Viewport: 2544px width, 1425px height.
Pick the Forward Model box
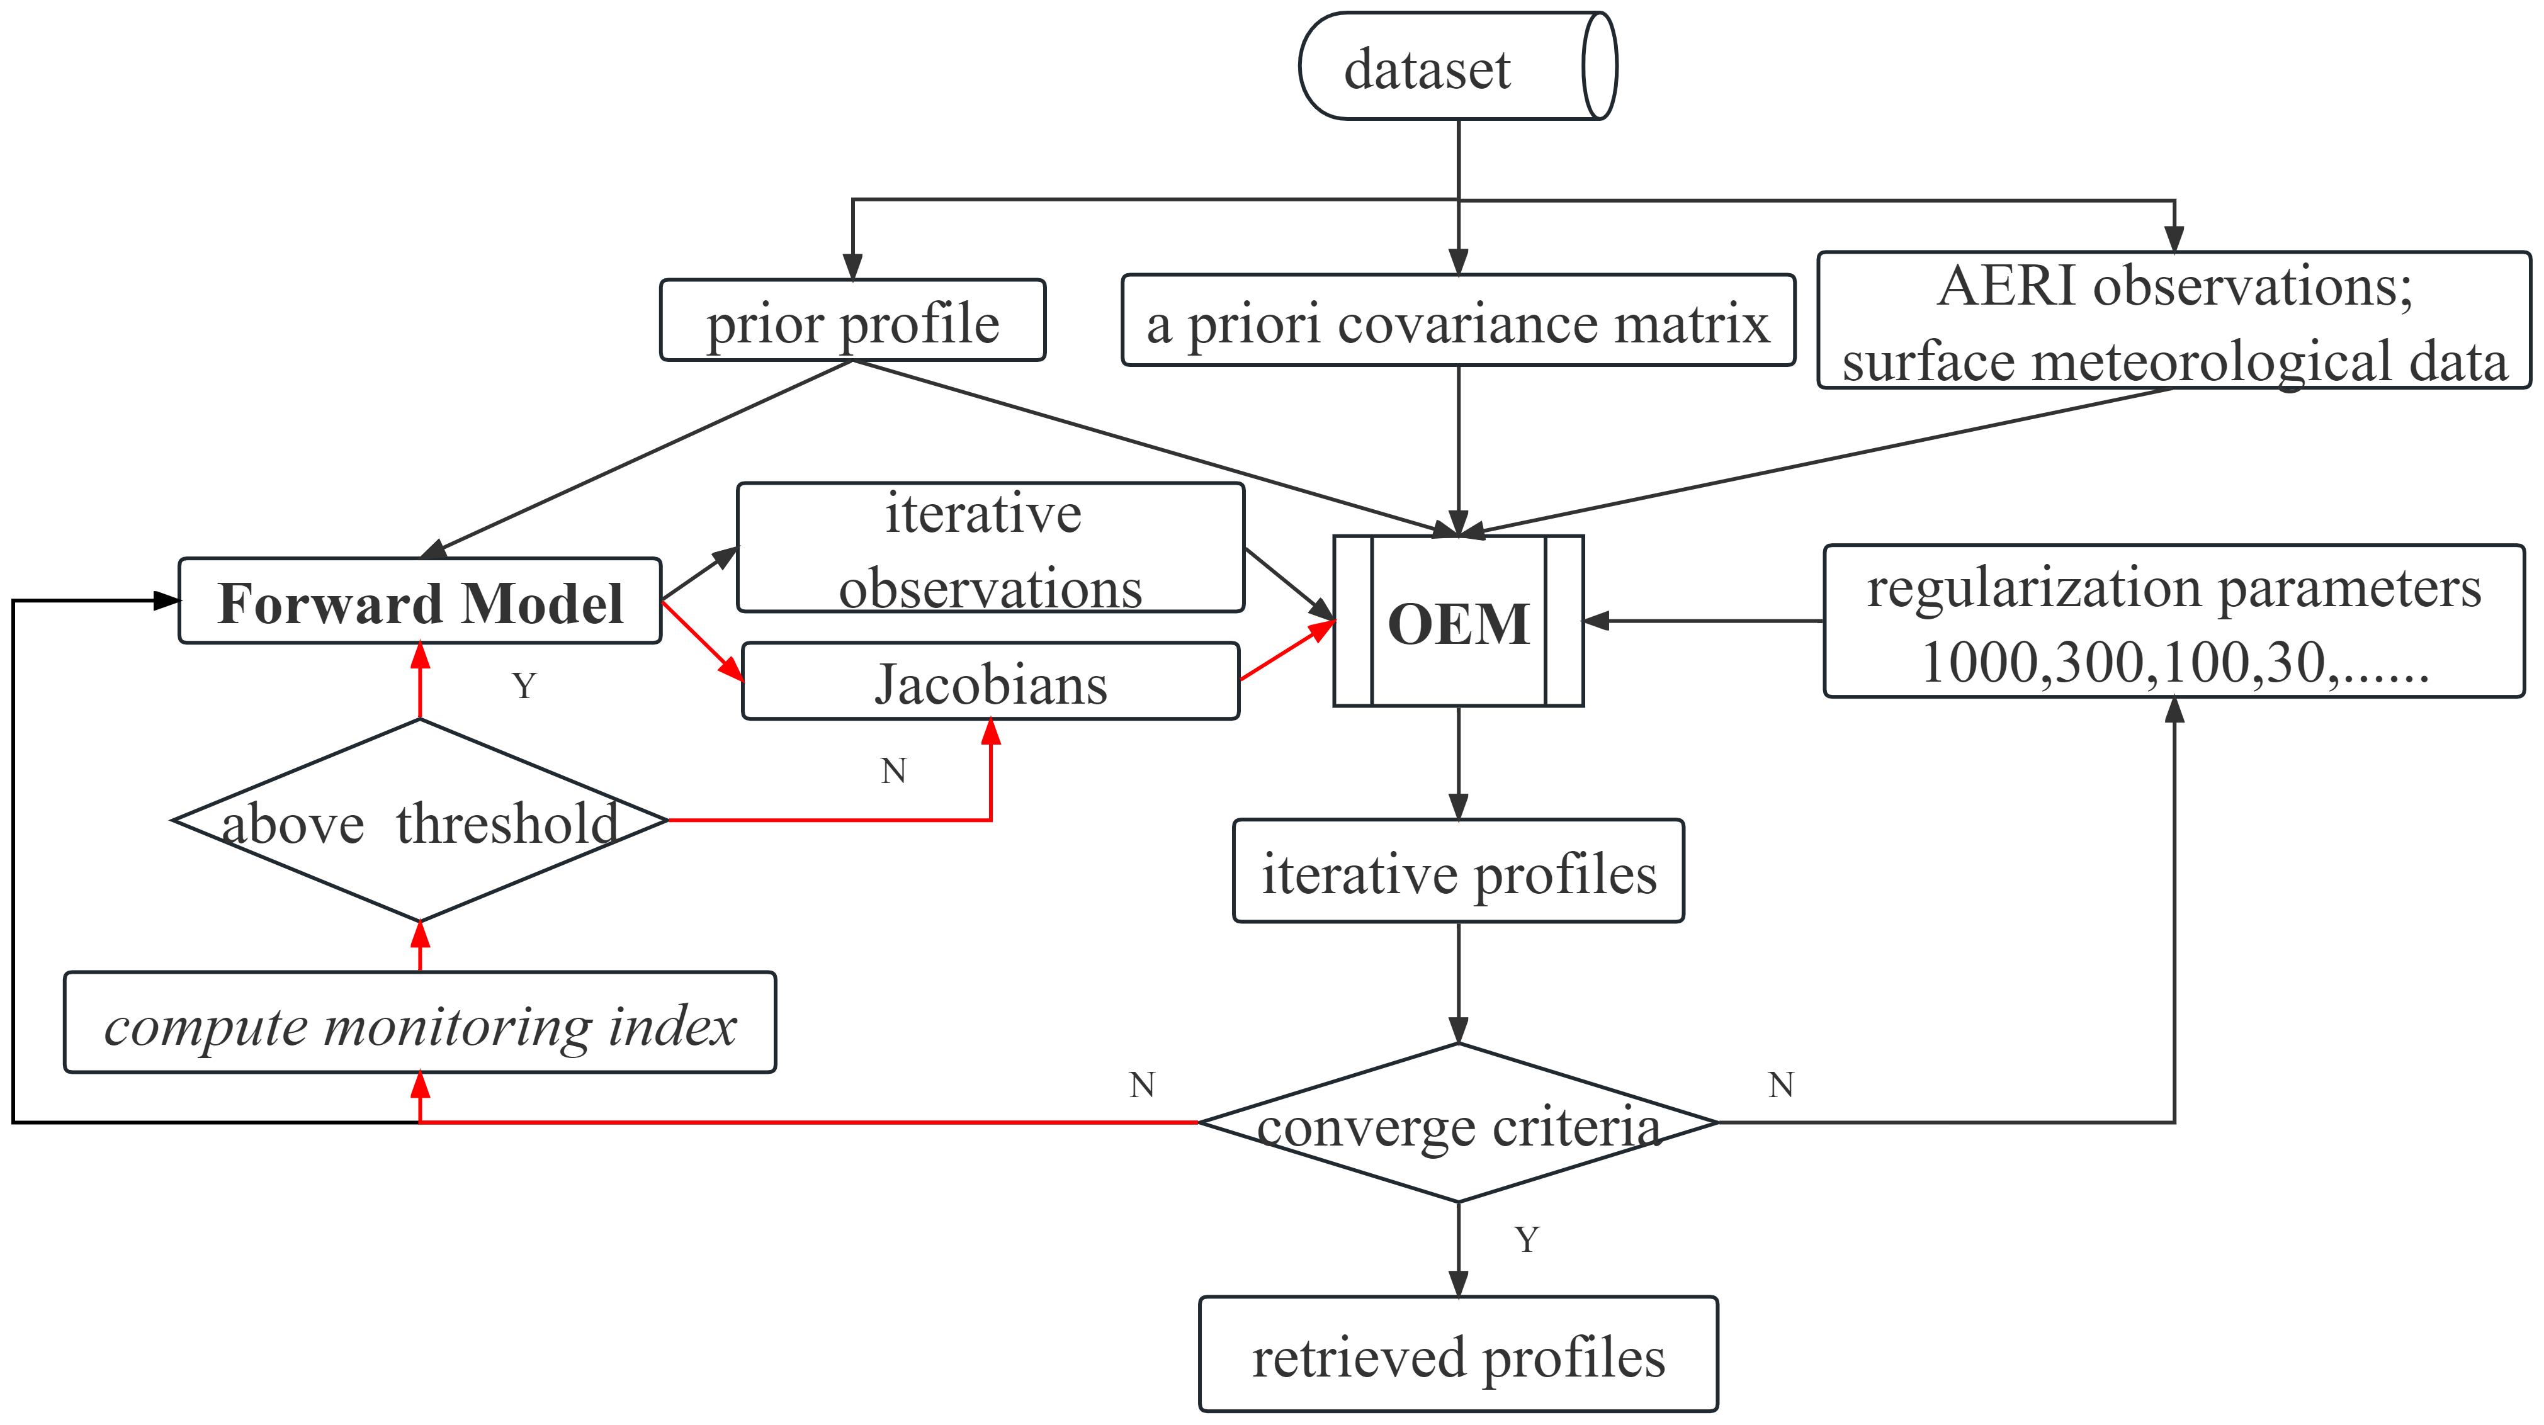pyautogui.click(x=420, y=601)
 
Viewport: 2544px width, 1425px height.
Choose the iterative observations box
pyautogui.click(x=990, y=548)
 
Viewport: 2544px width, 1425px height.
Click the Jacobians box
pyautogui.click(x=990, y=682)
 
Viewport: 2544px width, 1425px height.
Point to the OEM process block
pyautogui.click(x=1457, y=622)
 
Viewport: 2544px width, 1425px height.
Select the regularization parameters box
pyautogui.click(x=2174, y=622)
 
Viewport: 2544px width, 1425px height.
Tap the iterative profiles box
pyautogui.click(x=1457, y=872)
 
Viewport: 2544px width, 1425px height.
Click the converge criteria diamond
pyautogui.click(x=1457, y=1124)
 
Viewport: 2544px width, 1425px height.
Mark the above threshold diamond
pyautogui.click(x=420, y=821)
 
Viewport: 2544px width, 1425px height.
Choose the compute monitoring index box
pyautogui.click(x=420, y=1023)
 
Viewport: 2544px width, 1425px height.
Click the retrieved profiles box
pyautogui.click(x=1457, y=1355)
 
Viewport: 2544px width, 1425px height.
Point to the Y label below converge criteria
pyautogui.click(x=1527, y=1239)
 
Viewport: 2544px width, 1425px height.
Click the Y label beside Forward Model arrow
pyautogui.click(x=524, y=685)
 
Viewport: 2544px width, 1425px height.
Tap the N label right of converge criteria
pyautogui.click(x=1780, y=1085)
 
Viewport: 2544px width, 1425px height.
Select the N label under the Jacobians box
pyautogui.click(x=894, y=770)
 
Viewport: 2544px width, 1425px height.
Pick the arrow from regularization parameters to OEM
pyautogui.click(x=1704, y=621)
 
